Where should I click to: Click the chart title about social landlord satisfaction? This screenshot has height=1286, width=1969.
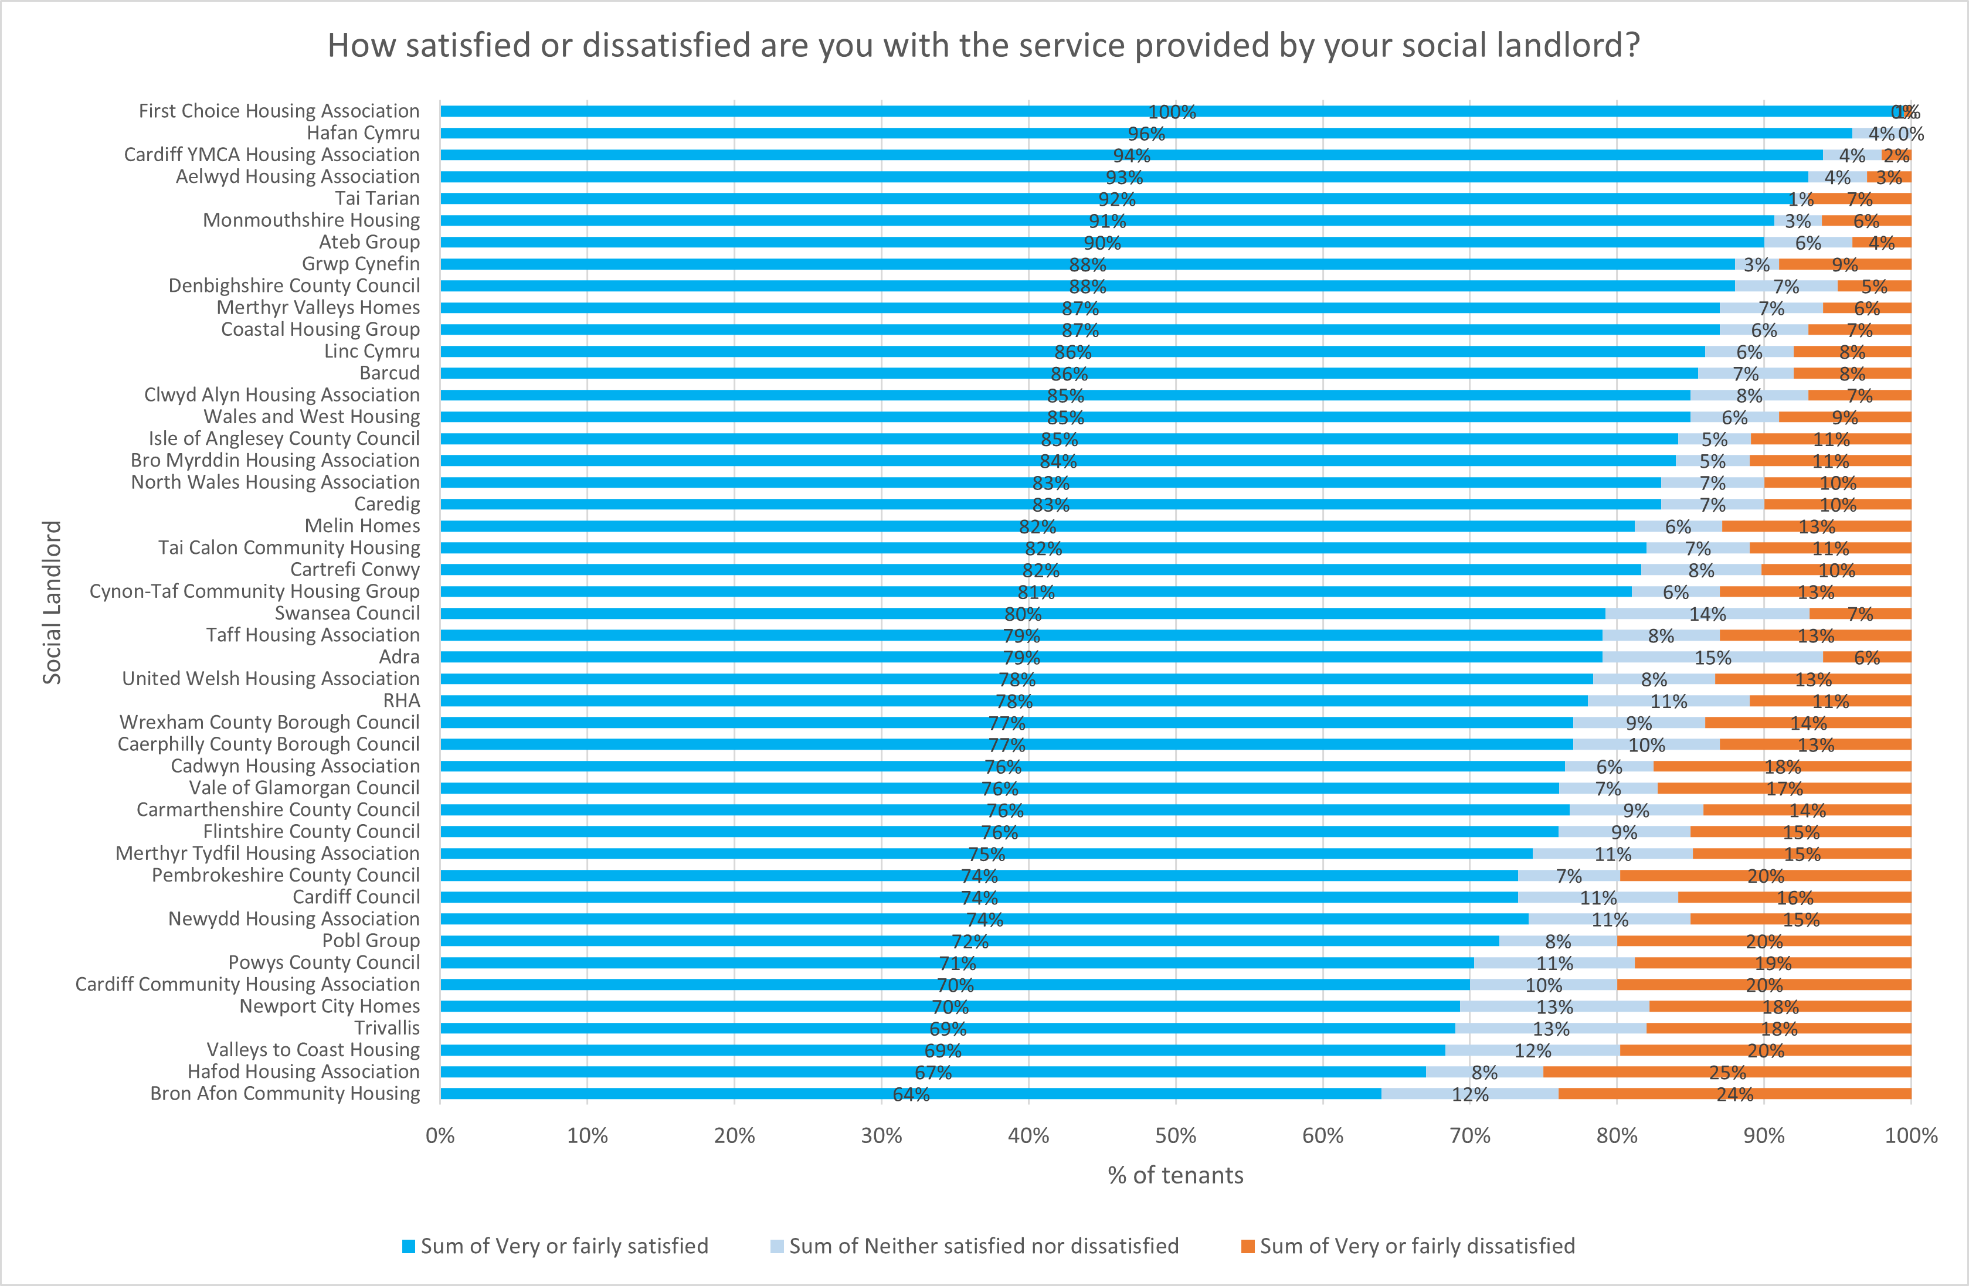pos(983,46)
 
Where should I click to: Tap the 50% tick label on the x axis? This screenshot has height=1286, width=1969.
pos(1175,1135)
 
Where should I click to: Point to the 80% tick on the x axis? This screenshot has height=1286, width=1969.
pos(1617,1135)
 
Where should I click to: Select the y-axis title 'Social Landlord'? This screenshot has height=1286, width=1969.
pos(52,602)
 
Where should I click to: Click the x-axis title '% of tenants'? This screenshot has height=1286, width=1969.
pos(1175,1175)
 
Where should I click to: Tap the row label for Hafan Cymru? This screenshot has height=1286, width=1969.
pos(363,133)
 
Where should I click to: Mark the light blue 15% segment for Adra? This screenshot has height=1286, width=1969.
pos(1713,658)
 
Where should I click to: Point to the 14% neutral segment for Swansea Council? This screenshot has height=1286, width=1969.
pos(1707,614)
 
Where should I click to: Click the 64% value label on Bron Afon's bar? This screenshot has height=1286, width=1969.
pos(911,1095)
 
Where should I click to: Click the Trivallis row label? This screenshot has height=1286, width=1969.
pos(387,1028)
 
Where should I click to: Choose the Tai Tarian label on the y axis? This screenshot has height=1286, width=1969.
pos(377,199)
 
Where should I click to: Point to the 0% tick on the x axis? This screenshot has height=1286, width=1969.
pos(440,1135)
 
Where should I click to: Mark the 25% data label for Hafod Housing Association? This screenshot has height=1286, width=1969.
pos(1727,1073)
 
